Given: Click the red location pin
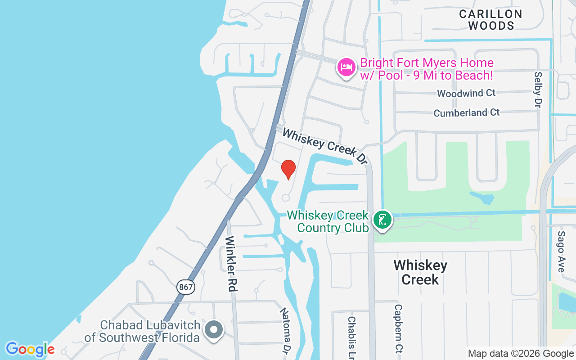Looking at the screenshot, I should pyautogui.click(x=288, y=169).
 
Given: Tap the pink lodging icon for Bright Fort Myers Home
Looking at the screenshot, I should pyautogui.click(x=346, y=67).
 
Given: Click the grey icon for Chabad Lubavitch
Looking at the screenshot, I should pyautogui.click(x=214, y=329).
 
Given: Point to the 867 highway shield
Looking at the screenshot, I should pyautogui.click(x=185, y=287).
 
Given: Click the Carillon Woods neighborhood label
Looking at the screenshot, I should pyautogui.click(x=490, y=20).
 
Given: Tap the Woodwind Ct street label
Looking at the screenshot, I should pyautogui.click(x=466, y=93).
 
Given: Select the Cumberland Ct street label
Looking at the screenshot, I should pyautogui.click(x=466, y=112).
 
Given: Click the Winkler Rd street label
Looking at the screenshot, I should pyautogui.click(x=231, y=263).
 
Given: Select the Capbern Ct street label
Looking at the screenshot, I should pyautogui.click(x=399, y=328).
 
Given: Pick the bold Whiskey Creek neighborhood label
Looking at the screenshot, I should pyautogui.click(x=420, y=272).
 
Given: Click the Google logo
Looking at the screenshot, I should pyautogui.click(x=30, y=349).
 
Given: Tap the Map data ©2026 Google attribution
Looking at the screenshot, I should pyautogui.click(x=520, y=354).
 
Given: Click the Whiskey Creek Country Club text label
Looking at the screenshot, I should pyautogui.click(x=328, y=221).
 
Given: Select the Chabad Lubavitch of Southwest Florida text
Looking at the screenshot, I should pyautogui.click(x=142, y=331).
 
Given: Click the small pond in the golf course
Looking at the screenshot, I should pyautogui.click(x=481, y=197).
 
